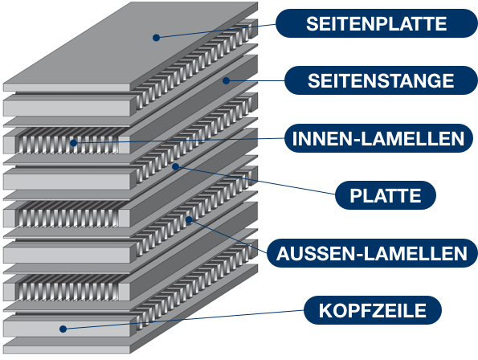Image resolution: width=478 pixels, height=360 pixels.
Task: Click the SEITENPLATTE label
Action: [376, 23]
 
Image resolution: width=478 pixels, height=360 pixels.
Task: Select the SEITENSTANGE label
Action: [381, 80]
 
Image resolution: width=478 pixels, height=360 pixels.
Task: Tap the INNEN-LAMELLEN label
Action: [378, 138]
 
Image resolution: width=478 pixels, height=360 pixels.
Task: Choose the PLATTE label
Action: [386, 195]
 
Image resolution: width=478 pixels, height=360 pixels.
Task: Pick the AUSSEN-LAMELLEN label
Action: [372, 253]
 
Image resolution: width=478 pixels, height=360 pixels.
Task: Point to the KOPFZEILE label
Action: [373, 310]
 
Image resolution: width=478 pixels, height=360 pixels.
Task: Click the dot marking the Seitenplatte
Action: [156, 38]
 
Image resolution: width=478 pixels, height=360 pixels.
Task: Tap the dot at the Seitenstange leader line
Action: [226, 80]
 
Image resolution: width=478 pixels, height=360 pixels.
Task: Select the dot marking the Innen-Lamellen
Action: [73, 143]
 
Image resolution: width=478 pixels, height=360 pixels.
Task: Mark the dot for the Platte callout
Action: [175, 166]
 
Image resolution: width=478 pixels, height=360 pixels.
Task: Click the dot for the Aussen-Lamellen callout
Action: [189, 219]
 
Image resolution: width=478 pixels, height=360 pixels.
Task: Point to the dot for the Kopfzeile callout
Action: [63, 329]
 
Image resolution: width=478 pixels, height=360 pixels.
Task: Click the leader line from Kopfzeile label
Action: [183, 320]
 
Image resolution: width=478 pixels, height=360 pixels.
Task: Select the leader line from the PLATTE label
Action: [255, 180]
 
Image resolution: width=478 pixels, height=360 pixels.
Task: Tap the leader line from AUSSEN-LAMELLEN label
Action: [228, 236]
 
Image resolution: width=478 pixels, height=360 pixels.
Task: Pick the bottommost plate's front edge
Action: [67, 350]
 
